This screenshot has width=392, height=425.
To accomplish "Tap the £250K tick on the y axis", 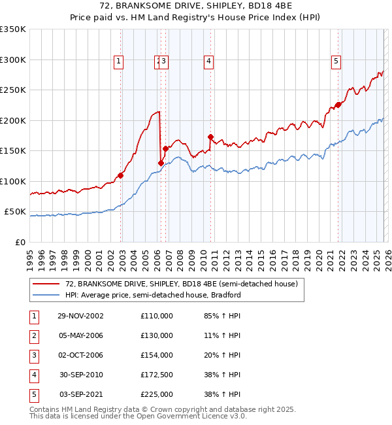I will pyautogui.click(x=13, y=90).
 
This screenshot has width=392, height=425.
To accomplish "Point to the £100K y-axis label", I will pyautogui.click(x=13, y=181).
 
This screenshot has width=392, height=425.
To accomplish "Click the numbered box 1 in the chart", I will pyautogui.click(x=118, y=62).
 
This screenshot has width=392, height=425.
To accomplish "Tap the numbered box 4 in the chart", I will pyautogui.click(x=208, y=62).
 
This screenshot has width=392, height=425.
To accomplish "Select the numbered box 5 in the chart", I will pyautogui.click(x=336, y=62).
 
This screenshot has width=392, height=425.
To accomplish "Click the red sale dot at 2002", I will pyautogui.click(x=121, y=175).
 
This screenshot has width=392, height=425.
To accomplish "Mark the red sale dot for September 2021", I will pyautogui.click(x=338, y=105).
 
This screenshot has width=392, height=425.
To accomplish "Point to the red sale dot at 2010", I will pyautogui.click(x=210, y=137).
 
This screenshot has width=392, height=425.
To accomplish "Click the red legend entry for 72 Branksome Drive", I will pyautogui.click(x=182, y=284).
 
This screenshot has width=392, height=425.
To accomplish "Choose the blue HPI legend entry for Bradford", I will pyautogui.click(x=153, y=295).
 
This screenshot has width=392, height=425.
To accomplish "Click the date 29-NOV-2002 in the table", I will pyautogui.click(x=81, y=316).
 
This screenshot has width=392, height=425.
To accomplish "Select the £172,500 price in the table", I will pyautogui.click(x=157, y=375).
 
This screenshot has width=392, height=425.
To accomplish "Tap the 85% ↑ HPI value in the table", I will pyautogui.click(x=222, y=316).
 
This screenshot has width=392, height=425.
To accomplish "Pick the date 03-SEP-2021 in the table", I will pyautogui.click(x=81, y=394).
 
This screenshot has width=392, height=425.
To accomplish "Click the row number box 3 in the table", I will pyautogui.click(x=32, y=355).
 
